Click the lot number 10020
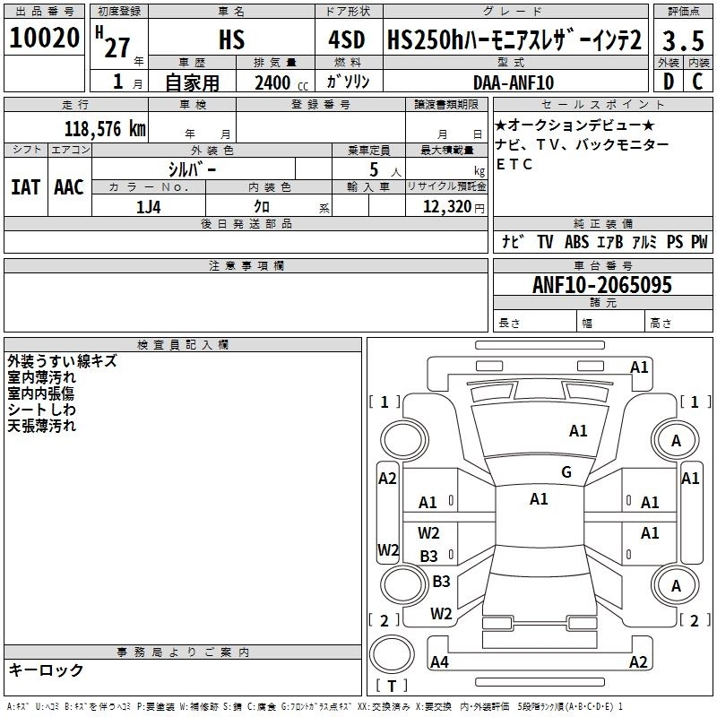coord(45,39)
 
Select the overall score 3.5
coord(683,40)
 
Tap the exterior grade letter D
coord(668,82)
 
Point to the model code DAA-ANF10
coord(514,82)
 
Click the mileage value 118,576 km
coord(106,128)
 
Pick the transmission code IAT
coord(25,187)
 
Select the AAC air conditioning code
coord(69,187)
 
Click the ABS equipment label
coord(577,242)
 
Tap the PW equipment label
coord(699,242)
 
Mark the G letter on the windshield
coord(566,472)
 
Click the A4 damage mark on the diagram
coord(439,662)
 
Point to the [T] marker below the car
coord(392,687)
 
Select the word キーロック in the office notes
coord(47,669)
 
